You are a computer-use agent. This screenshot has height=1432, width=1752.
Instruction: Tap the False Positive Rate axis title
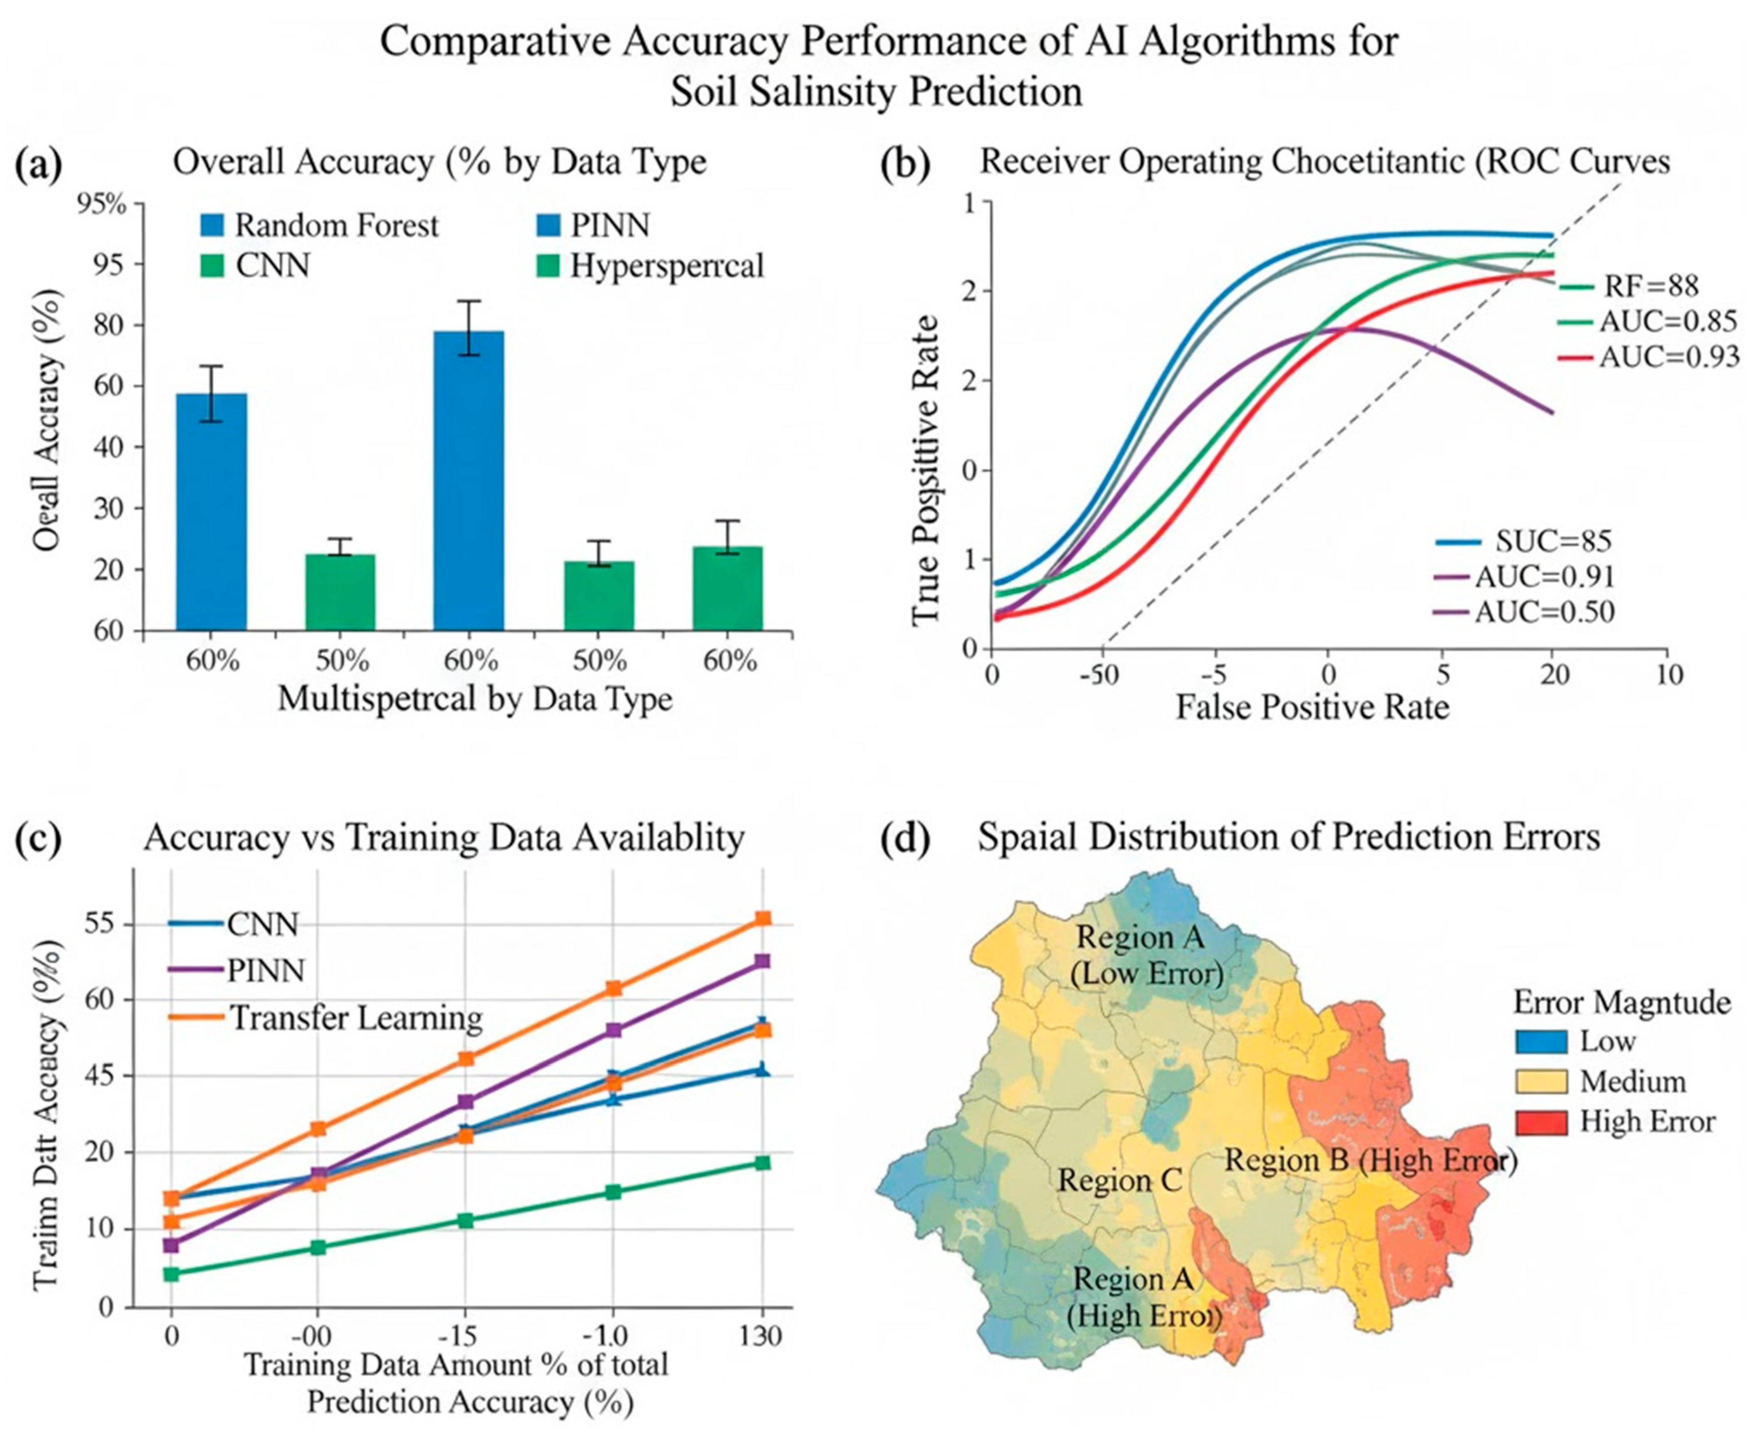pos(1312,707)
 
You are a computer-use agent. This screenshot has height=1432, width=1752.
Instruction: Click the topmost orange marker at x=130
pos(763,918)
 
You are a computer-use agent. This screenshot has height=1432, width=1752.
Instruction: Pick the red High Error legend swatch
pos(1541,1122)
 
